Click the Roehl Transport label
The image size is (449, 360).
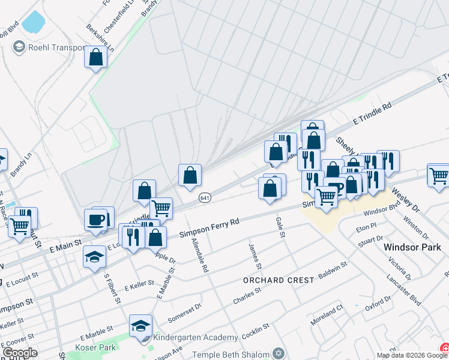57,47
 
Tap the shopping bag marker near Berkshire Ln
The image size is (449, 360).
95,58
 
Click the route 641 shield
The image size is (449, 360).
205,197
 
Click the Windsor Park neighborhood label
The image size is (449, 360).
412,247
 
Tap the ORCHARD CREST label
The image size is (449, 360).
279,280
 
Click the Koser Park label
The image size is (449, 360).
91,347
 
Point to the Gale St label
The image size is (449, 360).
280,227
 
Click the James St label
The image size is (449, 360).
255,256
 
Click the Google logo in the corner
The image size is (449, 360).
19,353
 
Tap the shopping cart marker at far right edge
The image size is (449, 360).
438,175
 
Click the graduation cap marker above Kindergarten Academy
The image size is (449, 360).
140,326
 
